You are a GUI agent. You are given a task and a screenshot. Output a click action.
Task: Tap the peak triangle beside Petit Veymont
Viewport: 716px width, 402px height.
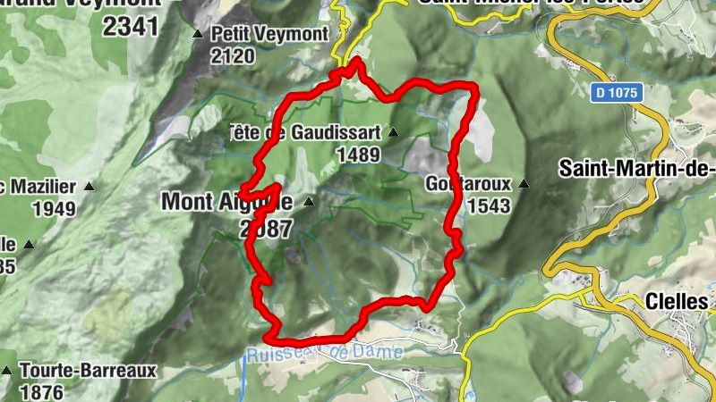coord(198,34)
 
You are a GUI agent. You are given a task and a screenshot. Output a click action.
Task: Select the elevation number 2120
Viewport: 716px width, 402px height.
coord(233,56)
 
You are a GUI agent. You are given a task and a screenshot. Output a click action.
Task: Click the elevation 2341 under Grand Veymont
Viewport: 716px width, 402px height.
coord(130,26)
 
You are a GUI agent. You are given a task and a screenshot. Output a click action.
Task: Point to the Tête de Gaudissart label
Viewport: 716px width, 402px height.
coord(304,132)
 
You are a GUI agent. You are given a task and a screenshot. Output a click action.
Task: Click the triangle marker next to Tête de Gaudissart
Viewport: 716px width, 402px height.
coord(392,132)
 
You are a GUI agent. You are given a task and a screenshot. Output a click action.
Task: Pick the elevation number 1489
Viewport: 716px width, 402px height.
coord(359,155)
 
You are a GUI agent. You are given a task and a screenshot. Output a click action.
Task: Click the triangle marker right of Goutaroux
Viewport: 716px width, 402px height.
coord(524,184)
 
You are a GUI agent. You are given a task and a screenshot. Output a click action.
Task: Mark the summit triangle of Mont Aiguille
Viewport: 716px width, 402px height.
coord(309,202)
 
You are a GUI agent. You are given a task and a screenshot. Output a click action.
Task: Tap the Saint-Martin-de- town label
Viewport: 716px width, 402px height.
coord(635,167)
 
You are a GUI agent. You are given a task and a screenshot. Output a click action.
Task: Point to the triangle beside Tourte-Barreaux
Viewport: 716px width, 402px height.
coord(7,370)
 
